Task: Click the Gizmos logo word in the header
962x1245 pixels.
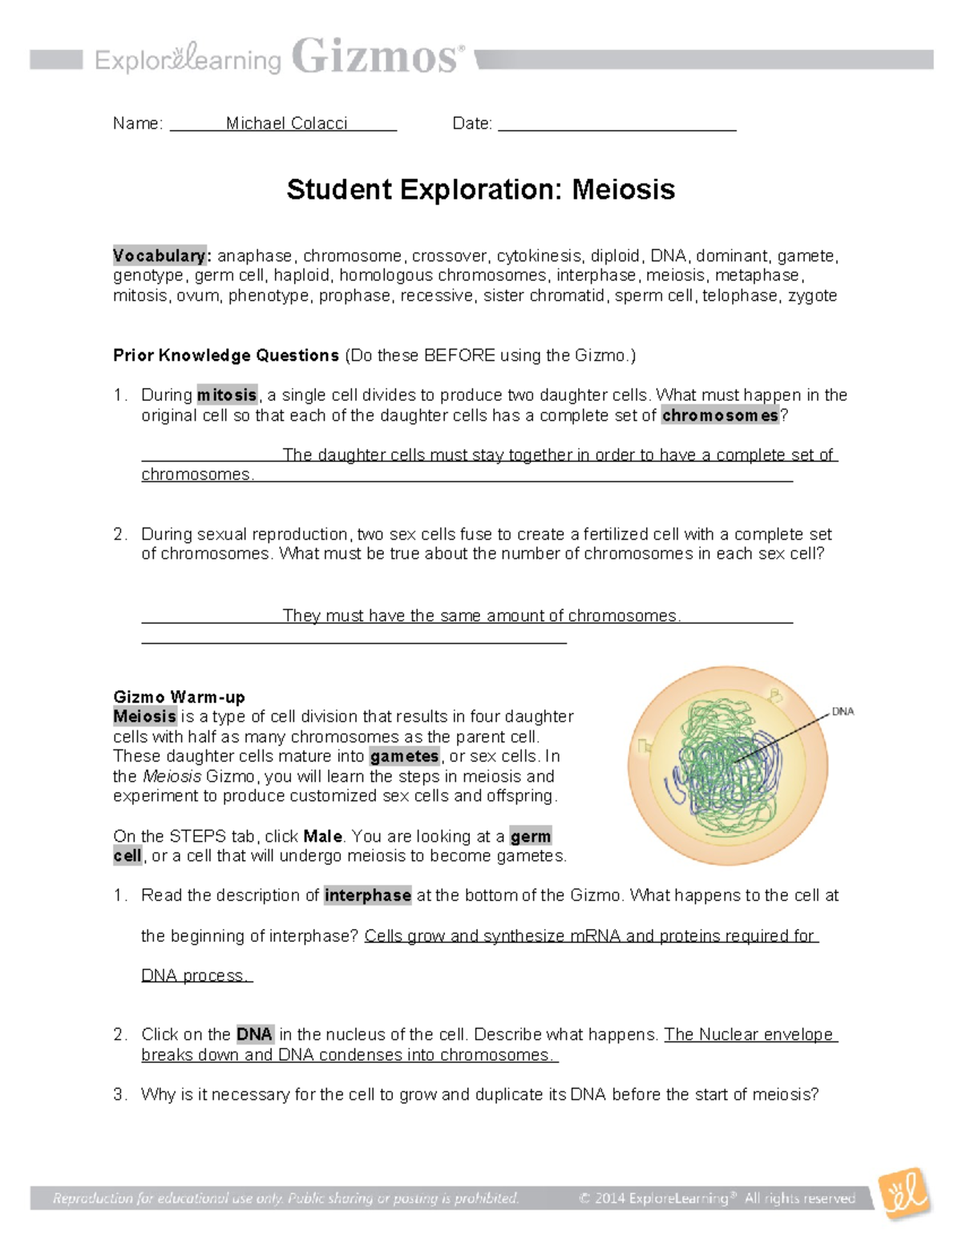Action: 377,58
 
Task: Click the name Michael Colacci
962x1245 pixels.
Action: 286,123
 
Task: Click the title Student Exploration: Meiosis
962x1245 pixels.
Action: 480,190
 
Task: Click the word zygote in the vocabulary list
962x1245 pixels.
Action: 812,296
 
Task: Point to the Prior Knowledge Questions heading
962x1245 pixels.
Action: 226,355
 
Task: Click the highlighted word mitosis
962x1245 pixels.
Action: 227,395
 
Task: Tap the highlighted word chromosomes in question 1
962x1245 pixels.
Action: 720,415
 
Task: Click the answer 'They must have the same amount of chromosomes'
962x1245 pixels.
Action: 481,616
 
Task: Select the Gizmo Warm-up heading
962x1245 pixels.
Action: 179,697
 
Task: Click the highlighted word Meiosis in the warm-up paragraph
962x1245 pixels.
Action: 144,717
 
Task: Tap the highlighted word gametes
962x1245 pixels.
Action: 404,756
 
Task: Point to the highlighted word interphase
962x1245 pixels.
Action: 367,895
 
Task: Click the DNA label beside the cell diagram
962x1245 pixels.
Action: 843,711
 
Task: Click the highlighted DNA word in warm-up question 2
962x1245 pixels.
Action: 255,1034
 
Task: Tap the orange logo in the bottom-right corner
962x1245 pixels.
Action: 904,1194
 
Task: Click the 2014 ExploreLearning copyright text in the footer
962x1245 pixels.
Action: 717,1199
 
